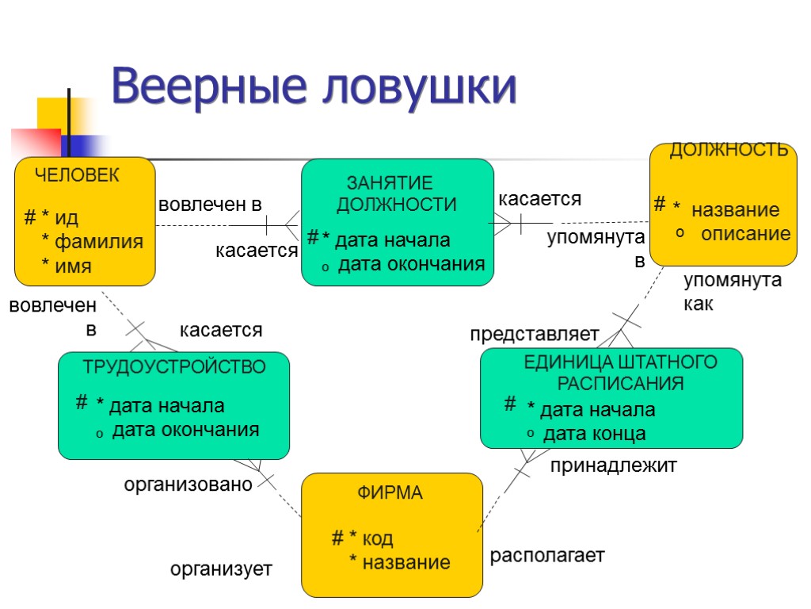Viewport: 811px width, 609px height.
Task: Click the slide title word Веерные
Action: [208, 87]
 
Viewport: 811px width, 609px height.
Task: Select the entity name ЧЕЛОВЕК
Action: [77, 175]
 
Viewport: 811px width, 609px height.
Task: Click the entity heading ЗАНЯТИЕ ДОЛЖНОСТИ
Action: [396, 193]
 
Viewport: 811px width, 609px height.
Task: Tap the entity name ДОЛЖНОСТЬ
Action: [729, 151]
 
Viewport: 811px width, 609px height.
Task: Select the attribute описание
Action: [745, 234]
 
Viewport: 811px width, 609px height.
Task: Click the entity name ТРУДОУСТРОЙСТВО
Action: [174, 366]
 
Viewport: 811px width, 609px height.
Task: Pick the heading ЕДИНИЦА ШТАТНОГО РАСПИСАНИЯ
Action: [620, 373]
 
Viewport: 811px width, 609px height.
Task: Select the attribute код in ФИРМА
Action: [377, 539]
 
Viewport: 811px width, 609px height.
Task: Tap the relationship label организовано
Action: [188, 484]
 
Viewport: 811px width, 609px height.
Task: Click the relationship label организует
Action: [222, 569]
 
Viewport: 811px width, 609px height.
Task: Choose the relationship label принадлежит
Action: [613, 466]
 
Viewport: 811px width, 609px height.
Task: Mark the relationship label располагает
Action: [547, 555]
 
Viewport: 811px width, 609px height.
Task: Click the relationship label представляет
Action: [535, 335]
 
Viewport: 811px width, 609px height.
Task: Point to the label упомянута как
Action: [732, 292]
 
